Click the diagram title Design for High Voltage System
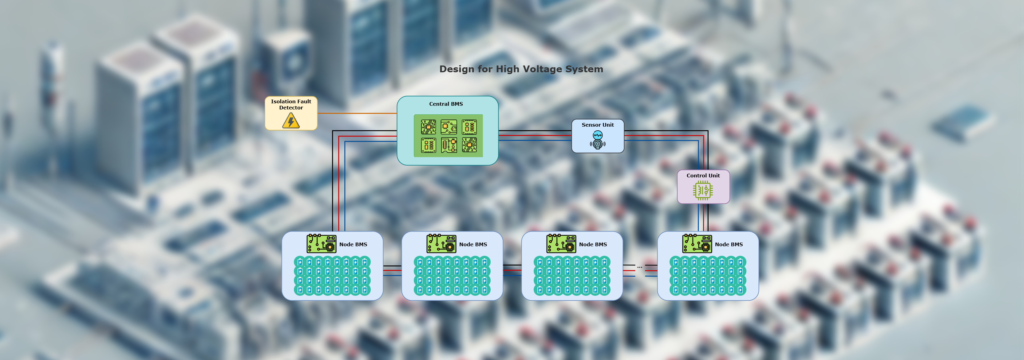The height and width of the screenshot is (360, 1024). coord(521,69)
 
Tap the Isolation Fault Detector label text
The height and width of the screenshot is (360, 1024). coord(291,105)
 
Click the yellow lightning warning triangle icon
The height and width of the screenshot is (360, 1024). coord(291,121)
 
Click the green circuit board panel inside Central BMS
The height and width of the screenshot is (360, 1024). coord(448,136)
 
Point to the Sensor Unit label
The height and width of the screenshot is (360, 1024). coord(598,125)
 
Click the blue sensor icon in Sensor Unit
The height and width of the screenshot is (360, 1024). coord(598,140)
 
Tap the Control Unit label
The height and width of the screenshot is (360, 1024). coord(703,176)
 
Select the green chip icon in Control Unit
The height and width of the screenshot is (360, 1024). coord(702,190)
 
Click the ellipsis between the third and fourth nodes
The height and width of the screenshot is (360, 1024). coord(639,267)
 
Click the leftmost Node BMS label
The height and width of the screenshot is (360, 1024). coord(353,244)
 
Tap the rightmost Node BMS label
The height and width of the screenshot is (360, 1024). coord(729,244)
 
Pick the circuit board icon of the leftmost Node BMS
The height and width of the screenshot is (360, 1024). coord(321,243)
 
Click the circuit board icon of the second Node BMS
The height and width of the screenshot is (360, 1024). coord(441,243)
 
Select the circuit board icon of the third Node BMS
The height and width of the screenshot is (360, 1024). coord(561,243)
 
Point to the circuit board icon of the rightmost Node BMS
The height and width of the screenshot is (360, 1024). coord(697,243)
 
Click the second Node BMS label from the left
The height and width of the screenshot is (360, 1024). coord(473,244)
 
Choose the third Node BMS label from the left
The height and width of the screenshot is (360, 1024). coord(593,244)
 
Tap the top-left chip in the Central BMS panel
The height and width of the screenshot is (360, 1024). coord(428,127)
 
